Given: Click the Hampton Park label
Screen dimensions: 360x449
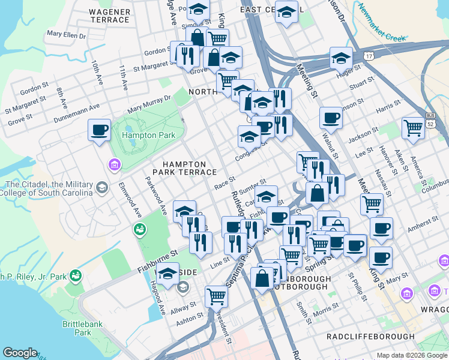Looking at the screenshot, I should [x=148, y=136].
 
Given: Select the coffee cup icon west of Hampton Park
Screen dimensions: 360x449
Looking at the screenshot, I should [x=100, y=130].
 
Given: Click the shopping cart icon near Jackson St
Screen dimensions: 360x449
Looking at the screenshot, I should [x=413, y=128].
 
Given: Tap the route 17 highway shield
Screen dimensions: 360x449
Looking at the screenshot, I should [x=368, y=55].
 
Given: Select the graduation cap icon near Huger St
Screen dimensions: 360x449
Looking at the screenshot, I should [x=341, y=58].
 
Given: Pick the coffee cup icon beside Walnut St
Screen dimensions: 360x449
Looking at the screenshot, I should [x=330, y=118].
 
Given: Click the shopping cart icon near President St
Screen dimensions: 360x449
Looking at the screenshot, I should [x=216, y=295].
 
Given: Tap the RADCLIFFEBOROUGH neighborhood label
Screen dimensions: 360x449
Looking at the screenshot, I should [x=370, y=337].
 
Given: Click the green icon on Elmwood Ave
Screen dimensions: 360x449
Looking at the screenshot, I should [x=140, y=229].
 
